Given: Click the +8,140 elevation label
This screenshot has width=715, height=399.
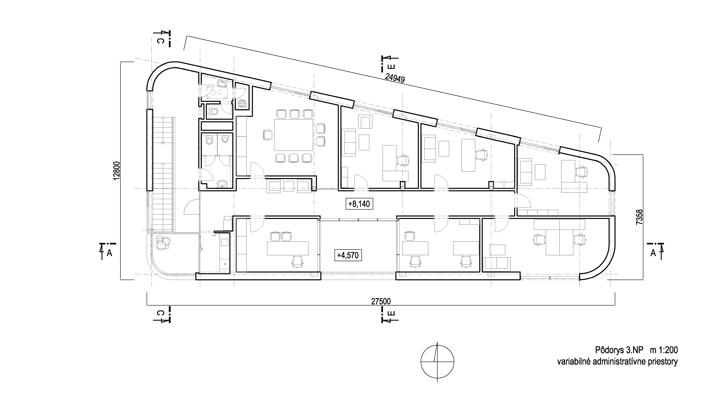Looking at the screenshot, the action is coord(359,204).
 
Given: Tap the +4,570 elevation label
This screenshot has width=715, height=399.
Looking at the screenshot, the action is coord(348,255).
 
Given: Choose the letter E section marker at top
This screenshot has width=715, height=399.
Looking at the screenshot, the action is coord(391,67).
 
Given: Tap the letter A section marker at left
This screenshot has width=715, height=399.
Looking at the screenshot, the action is coord(110,253).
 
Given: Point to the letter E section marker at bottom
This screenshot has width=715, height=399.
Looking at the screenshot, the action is coord(391,313).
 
